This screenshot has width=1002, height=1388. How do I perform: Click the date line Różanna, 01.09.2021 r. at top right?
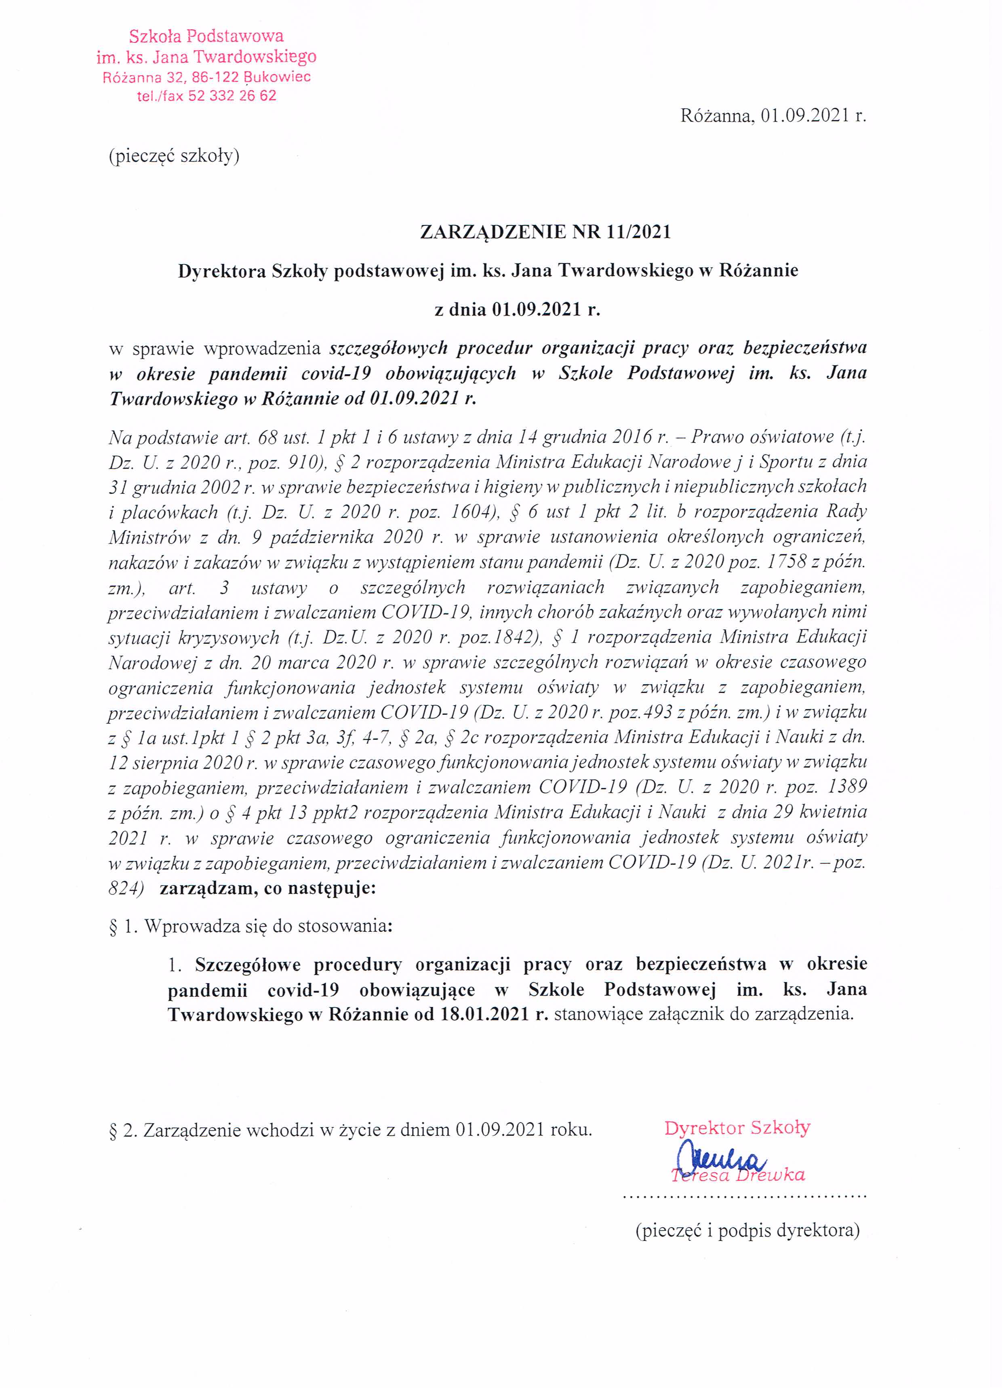click(x=773, y=116)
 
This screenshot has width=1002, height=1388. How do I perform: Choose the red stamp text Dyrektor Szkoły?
click(x=737, y=1128)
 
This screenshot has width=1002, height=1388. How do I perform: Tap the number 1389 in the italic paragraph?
click(x=842, y=786)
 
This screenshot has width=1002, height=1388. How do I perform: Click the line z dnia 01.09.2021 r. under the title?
click(x=517, y=310)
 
